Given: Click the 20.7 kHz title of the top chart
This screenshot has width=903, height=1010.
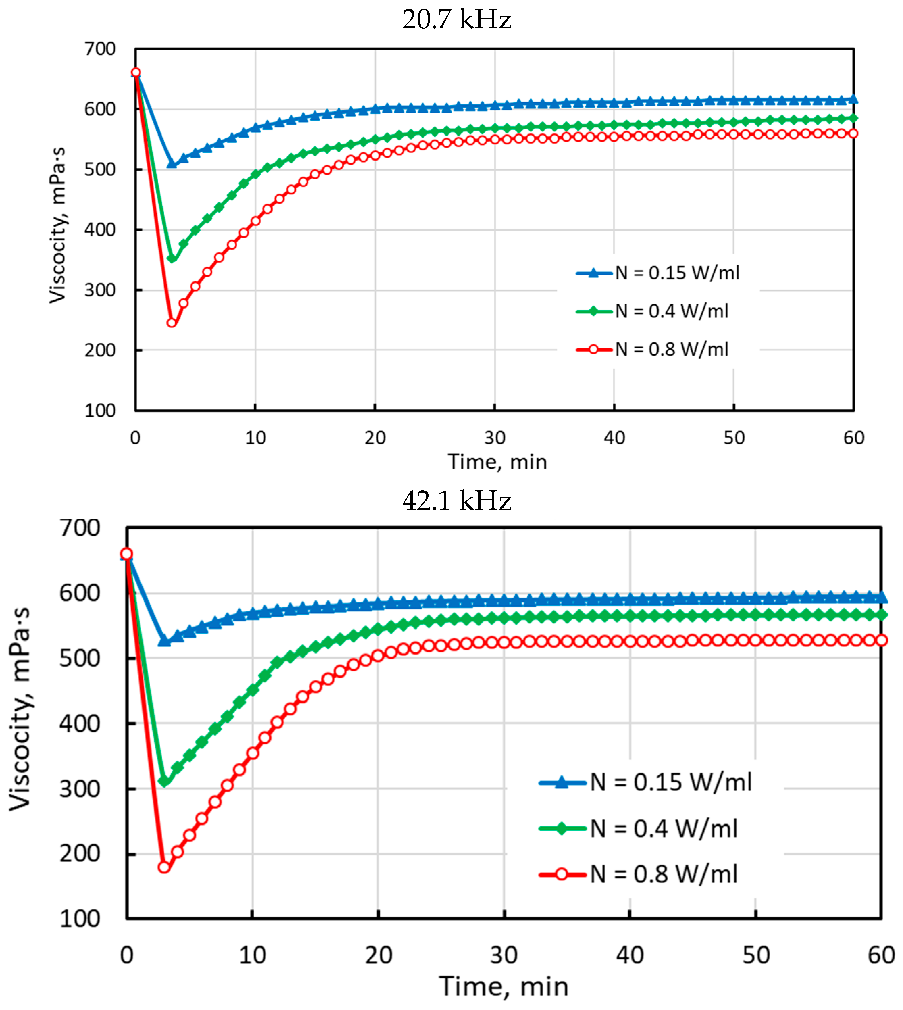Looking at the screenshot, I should point(457,20).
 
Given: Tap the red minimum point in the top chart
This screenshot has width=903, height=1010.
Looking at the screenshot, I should point(172,323).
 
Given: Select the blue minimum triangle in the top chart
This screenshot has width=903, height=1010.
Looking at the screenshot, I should point(172,163).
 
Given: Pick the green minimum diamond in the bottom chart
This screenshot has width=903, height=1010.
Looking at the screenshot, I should point(164,781).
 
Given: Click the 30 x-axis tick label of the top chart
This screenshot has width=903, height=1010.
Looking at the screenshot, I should point(495,438).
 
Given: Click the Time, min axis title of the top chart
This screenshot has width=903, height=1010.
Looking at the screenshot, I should point(498,462).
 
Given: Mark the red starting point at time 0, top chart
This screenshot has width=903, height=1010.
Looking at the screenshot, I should point(135,73).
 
